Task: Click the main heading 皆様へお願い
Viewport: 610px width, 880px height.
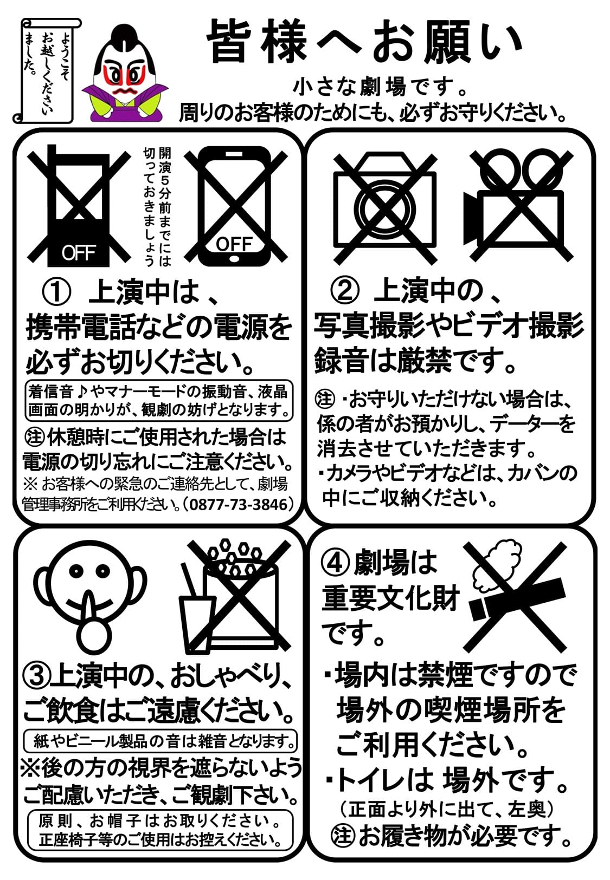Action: coord(364,42)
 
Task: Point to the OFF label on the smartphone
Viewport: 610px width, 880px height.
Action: coord(234,244)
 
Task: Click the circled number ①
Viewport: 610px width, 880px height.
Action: coord(56,294)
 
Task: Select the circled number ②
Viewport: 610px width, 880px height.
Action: coord(345,292)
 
